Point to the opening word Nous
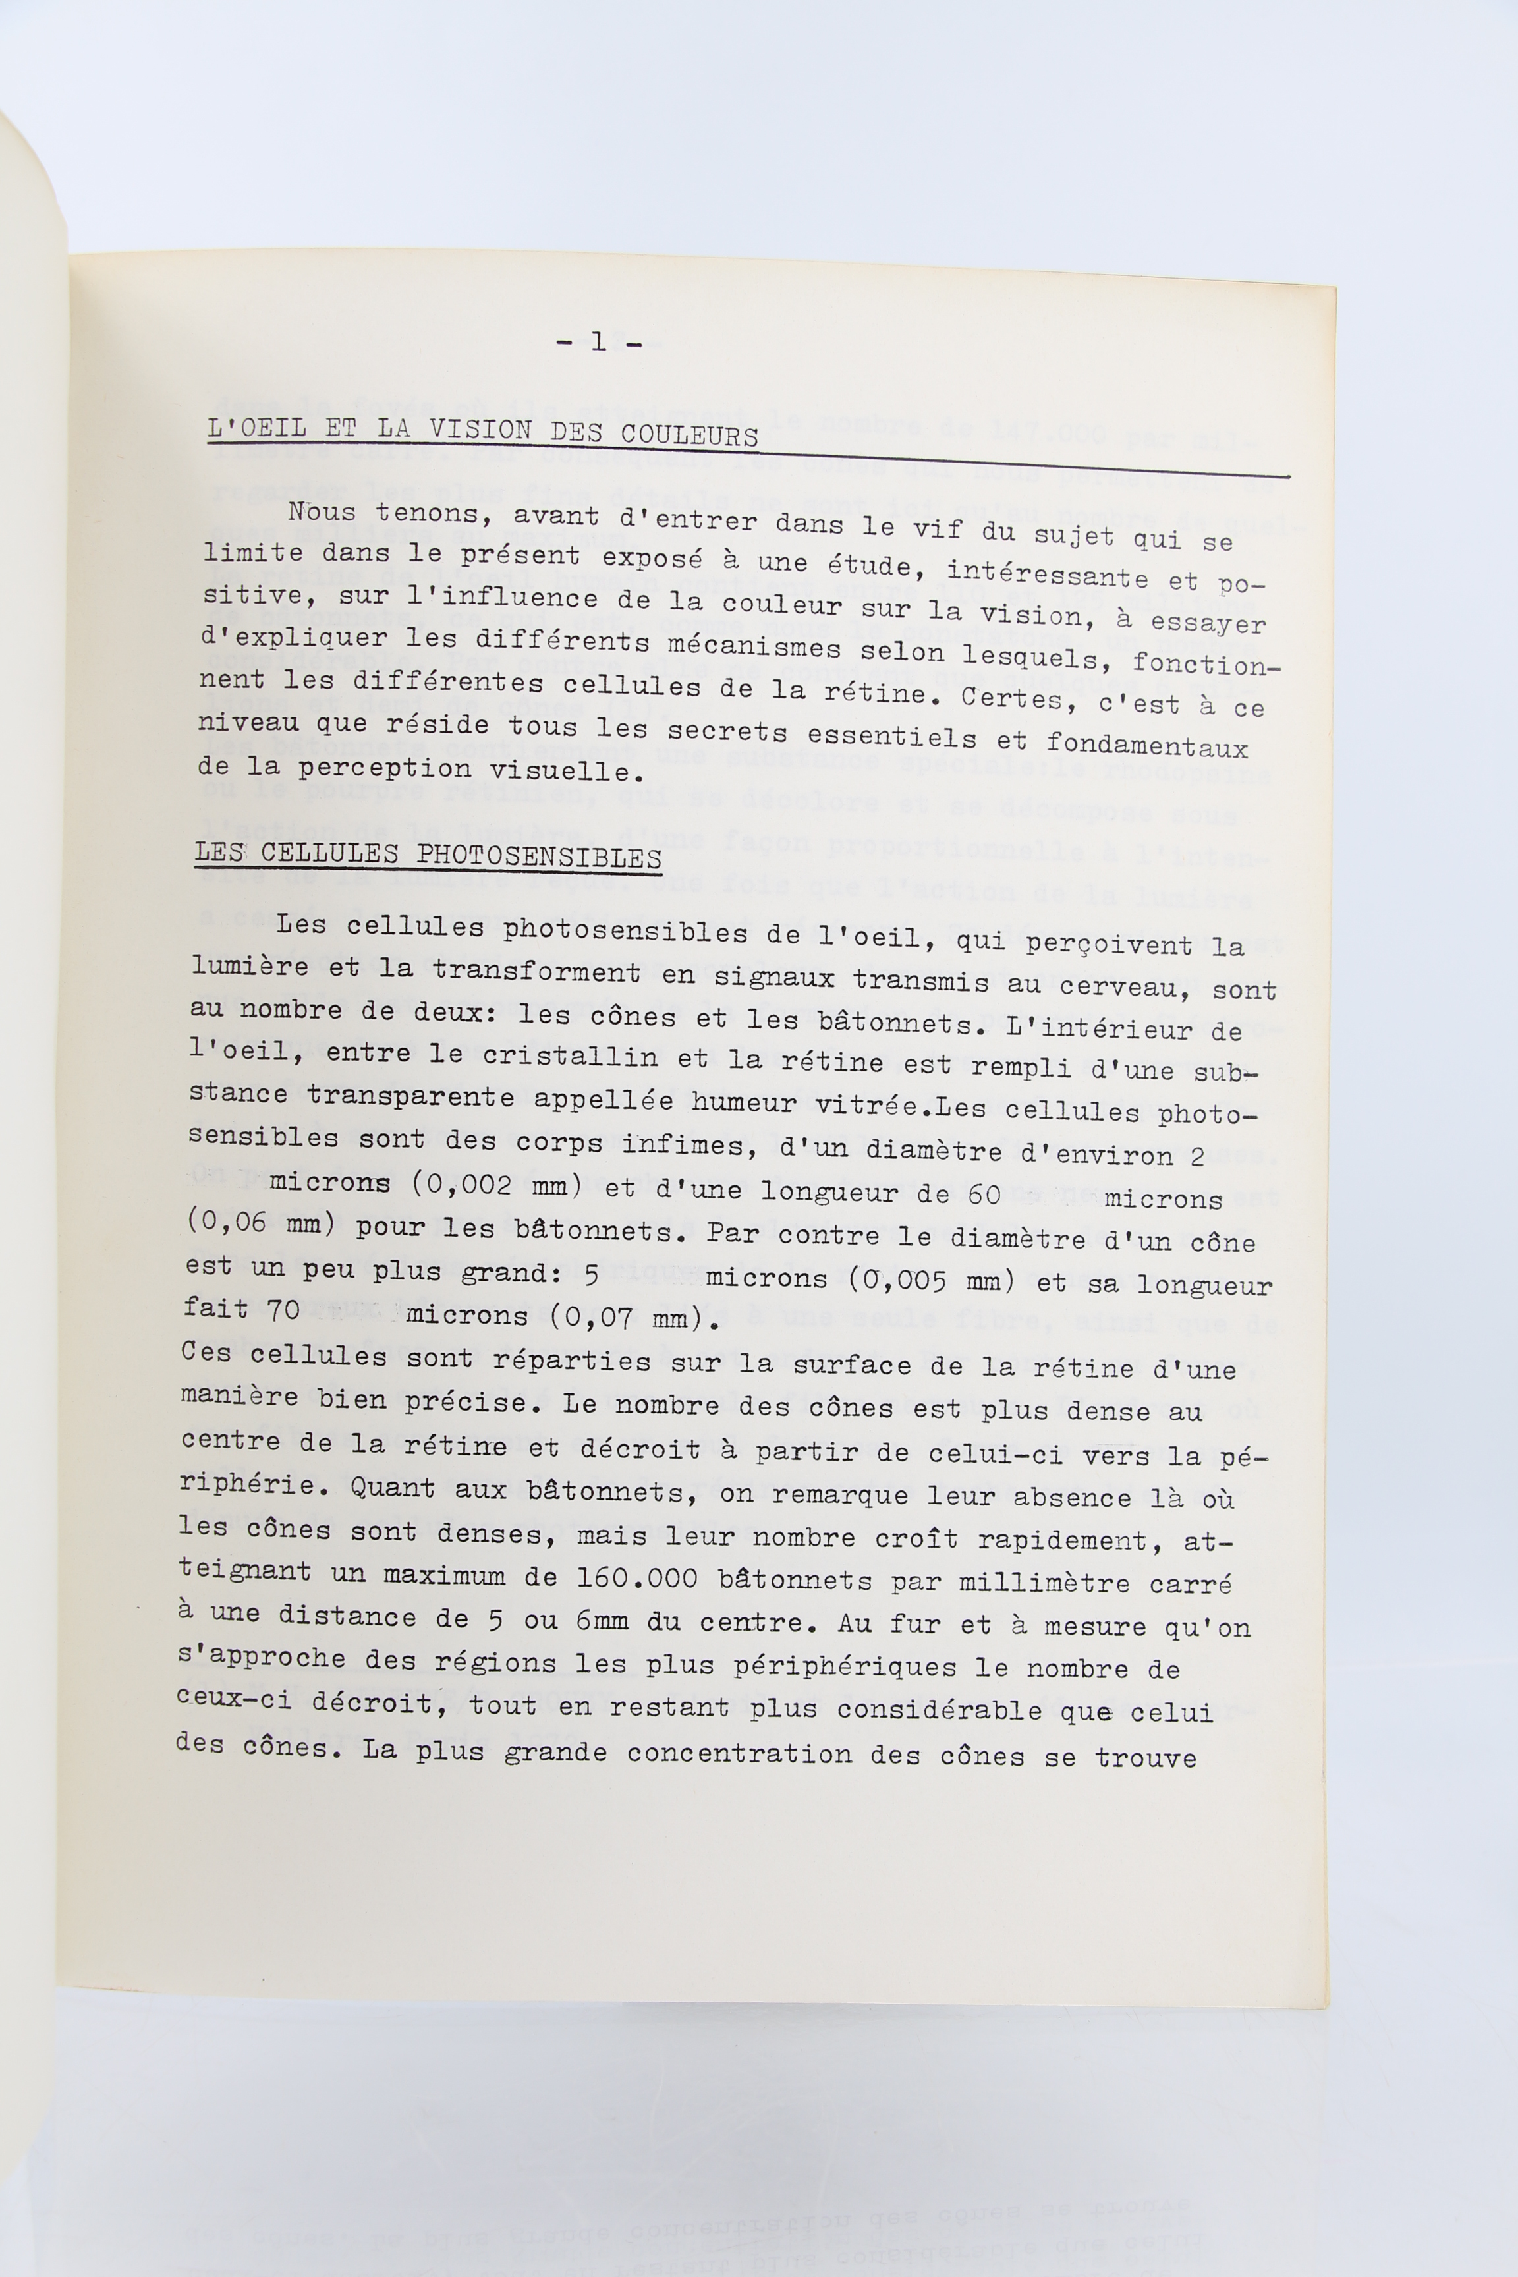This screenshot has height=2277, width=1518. tap(322, 511)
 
